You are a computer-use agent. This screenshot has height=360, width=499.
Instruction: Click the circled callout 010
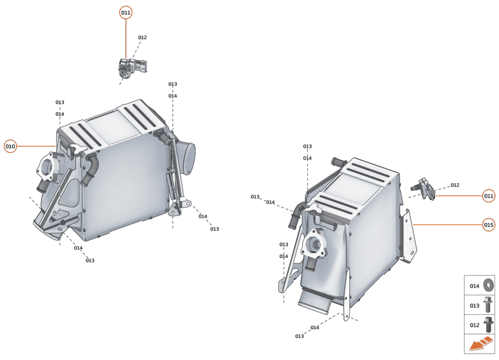[x=10, y=146]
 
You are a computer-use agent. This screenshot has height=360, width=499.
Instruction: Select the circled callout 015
[x=489, y=225]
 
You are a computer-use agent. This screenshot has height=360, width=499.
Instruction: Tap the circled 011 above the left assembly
[x=126, y=13]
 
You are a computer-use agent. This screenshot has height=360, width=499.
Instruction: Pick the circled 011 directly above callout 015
[x=489, y=195]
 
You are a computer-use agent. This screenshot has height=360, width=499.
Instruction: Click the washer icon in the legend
[x=488, y=285]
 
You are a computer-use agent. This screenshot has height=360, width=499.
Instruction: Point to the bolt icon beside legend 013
[x=488, y=305]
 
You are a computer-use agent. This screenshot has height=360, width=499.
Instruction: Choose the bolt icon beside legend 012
[x=488, y=325]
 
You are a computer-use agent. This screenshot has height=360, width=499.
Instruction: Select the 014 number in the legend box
[x=474, y=286]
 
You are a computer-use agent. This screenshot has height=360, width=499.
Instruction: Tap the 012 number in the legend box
[x=474, y=325]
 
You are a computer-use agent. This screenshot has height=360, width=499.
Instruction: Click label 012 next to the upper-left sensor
[x=142, y=37]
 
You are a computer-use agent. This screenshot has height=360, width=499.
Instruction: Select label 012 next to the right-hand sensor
[x=454, y=185]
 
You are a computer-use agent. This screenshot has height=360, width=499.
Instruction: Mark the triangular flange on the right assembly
[x=314, y=246]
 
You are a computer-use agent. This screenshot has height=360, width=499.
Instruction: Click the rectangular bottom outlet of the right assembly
[x=317, y=300]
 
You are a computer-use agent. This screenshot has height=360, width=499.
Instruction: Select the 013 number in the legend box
[x=474, y=305]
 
